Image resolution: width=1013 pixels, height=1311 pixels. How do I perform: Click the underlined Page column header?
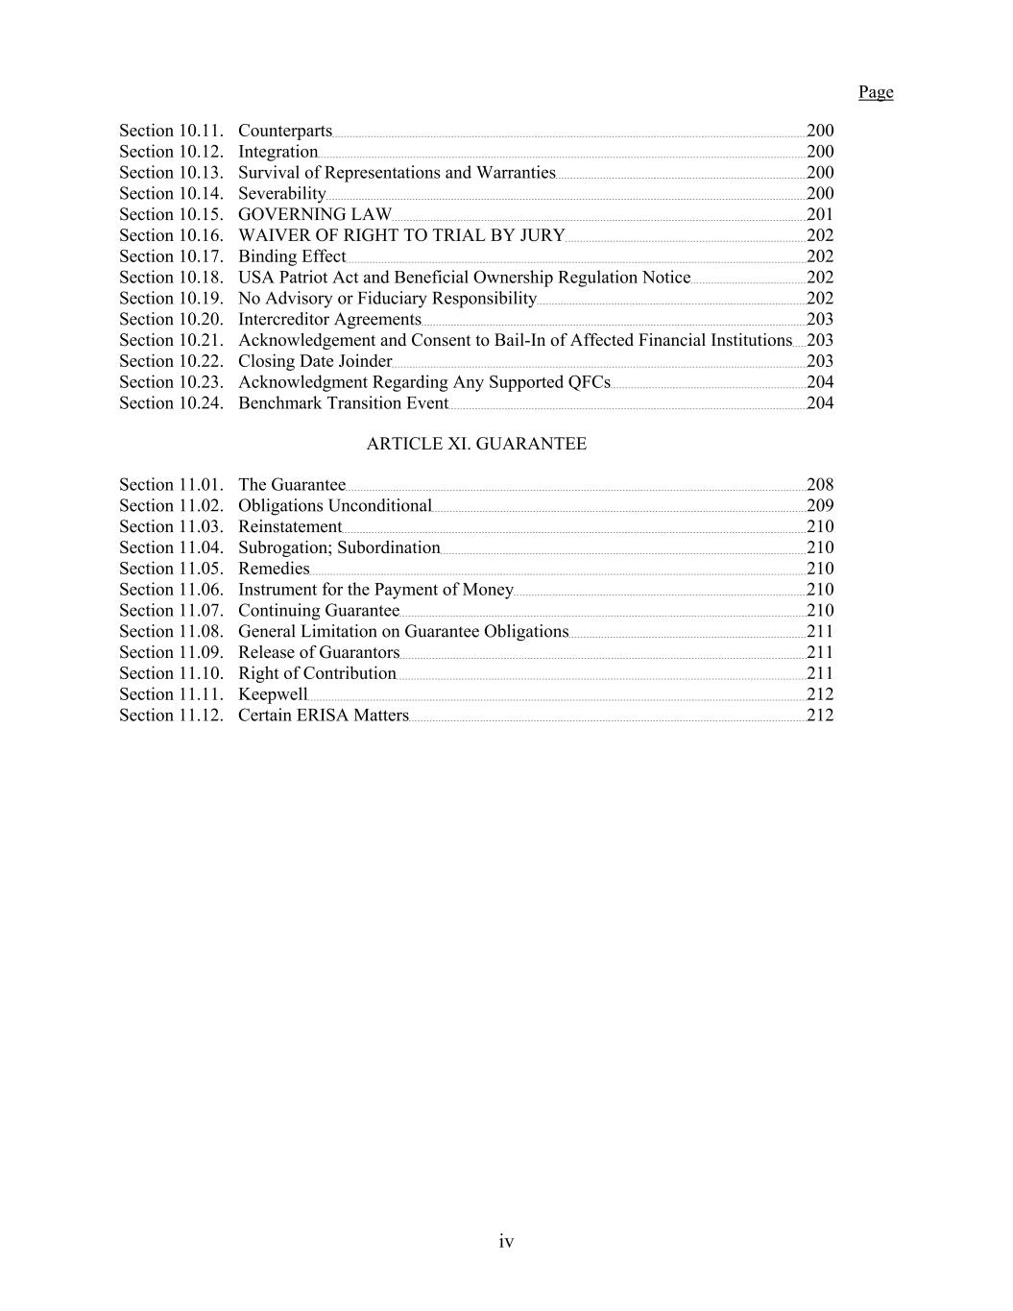pos(875,92)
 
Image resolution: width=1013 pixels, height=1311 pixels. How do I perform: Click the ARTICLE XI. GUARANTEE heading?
pos(476,444)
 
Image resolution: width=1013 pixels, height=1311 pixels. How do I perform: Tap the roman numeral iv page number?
pos(506,1242)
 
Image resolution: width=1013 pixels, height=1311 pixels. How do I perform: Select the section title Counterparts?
pos(284,131)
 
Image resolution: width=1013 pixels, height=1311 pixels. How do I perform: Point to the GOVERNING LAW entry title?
pos(315,214)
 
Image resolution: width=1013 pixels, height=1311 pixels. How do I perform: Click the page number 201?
pos(820,214)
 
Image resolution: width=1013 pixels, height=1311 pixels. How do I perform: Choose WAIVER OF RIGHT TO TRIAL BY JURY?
pos(401,235)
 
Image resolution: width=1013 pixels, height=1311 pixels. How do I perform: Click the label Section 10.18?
pos(171,278)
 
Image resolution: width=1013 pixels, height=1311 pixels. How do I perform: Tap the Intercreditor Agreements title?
pos(329,320)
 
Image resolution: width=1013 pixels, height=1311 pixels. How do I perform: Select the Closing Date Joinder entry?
pos(315,361)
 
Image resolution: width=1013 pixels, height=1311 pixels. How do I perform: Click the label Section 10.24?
pos(171,403)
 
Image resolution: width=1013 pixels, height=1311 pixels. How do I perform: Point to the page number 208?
pos(820,485)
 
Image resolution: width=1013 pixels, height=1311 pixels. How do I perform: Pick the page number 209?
pos(820,506)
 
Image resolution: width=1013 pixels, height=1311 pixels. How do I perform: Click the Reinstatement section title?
pos(290,527)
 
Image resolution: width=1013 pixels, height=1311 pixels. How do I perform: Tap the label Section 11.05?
pos(171,569)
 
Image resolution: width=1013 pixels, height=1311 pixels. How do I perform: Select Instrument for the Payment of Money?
pos(375,590)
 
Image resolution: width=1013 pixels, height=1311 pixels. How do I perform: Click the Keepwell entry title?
pos(273,694)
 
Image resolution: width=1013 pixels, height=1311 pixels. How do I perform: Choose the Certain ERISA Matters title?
pos(324,716)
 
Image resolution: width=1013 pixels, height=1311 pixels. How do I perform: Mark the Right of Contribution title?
pos(317,673)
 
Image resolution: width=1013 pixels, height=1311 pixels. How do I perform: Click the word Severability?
pos(281,194)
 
